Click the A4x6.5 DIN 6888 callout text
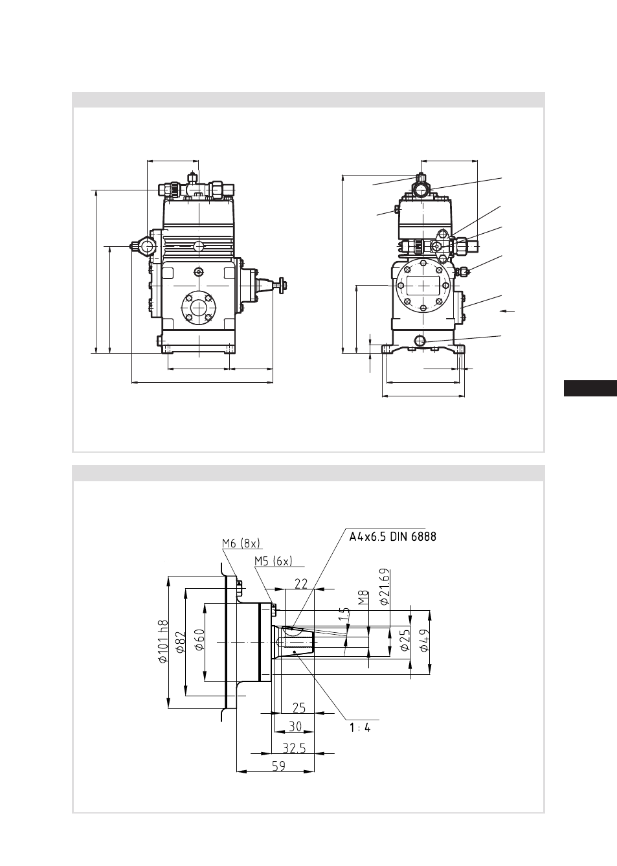click(392, 537)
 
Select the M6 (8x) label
click(241, 543)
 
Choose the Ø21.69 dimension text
click(385, 587)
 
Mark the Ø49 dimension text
click(424, 641)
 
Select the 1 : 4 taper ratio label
click(360, 728)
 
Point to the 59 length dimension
click(278, 766)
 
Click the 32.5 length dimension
click(294, 748)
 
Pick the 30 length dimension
click(295, 727)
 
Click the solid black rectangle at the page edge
click(590, 389)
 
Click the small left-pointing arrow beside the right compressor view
click(508, 310)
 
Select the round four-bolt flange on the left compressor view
click(199, 308)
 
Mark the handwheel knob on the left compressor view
click(283, 286)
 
